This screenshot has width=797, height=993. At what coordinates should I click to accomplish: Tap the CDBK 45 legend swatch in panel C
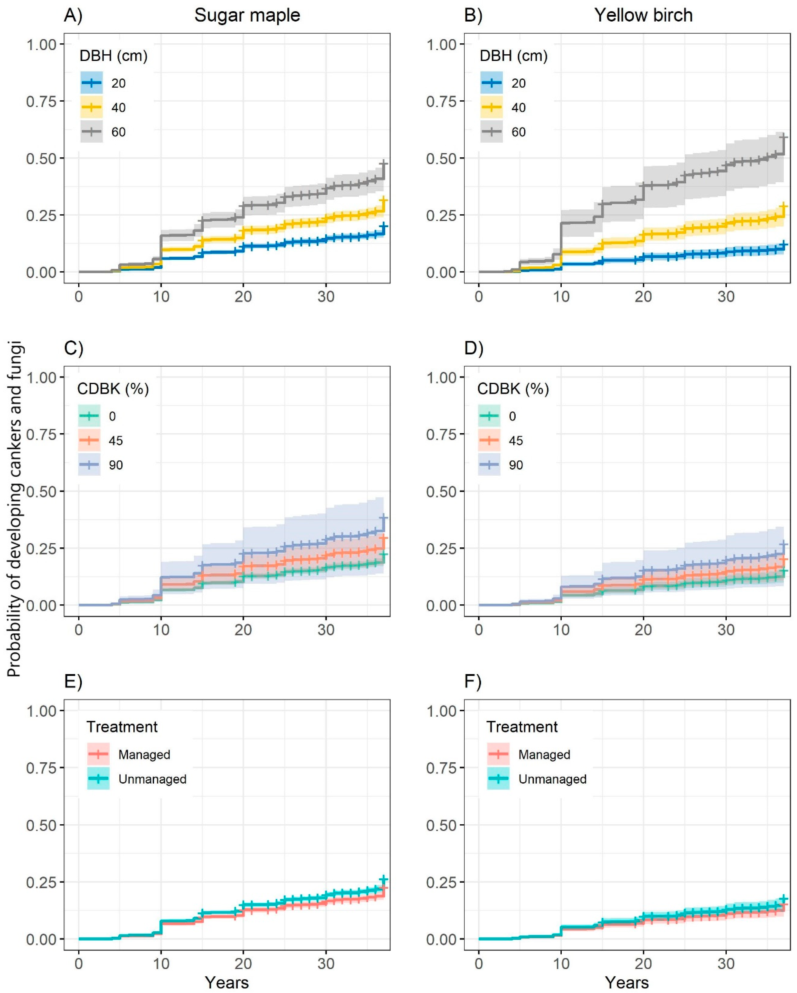click(89, 441)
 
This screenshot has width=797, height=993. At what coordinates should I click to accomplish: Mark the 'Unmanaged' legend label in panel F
click(552, 779)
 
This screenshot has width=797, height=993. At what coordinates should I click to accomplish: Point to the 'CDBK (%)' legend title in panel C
click(113, 389)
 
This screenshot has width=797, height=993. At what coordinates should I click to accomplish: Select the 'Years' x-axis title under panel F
click(627, 982)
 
